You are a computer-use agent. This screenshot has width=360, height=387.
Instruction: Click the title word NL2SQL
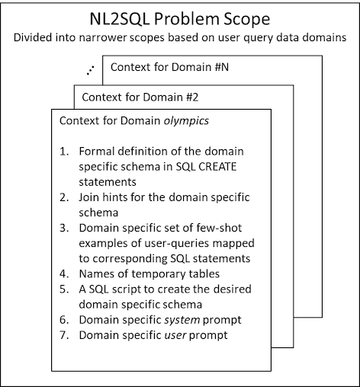click(x=120, y=19)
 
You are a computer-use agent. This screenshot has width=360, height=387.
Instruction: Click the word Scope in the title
click(x=246, y=20)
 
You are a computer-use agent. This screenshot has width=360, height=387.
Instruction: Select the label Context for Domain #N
click(x=169, y=67)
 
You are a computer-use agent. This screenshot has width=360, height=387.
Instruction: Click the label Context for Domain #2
click(x=140, y=97)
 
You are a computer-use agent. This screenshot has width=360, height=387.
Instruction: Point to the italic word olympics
click(x=186, y=121)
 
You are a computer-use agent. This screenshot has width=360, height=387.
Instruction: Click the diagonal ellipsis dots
click(x=90, y=70)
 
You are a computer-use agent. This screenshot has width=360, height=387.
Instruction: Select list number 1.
click(x=64, y=152)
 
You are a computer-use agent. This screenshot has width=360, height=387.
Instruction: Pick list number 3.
click(x=64, y=228)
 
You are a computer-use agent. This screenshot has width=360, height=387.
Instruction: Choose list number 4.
click(x=64, y=273)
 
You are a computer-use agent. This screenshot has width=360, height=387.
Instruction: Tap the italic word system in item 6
click(x=182, y=320)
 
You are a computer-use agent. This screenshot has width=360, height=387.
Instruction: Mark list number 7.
click(x=64, y=335)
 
